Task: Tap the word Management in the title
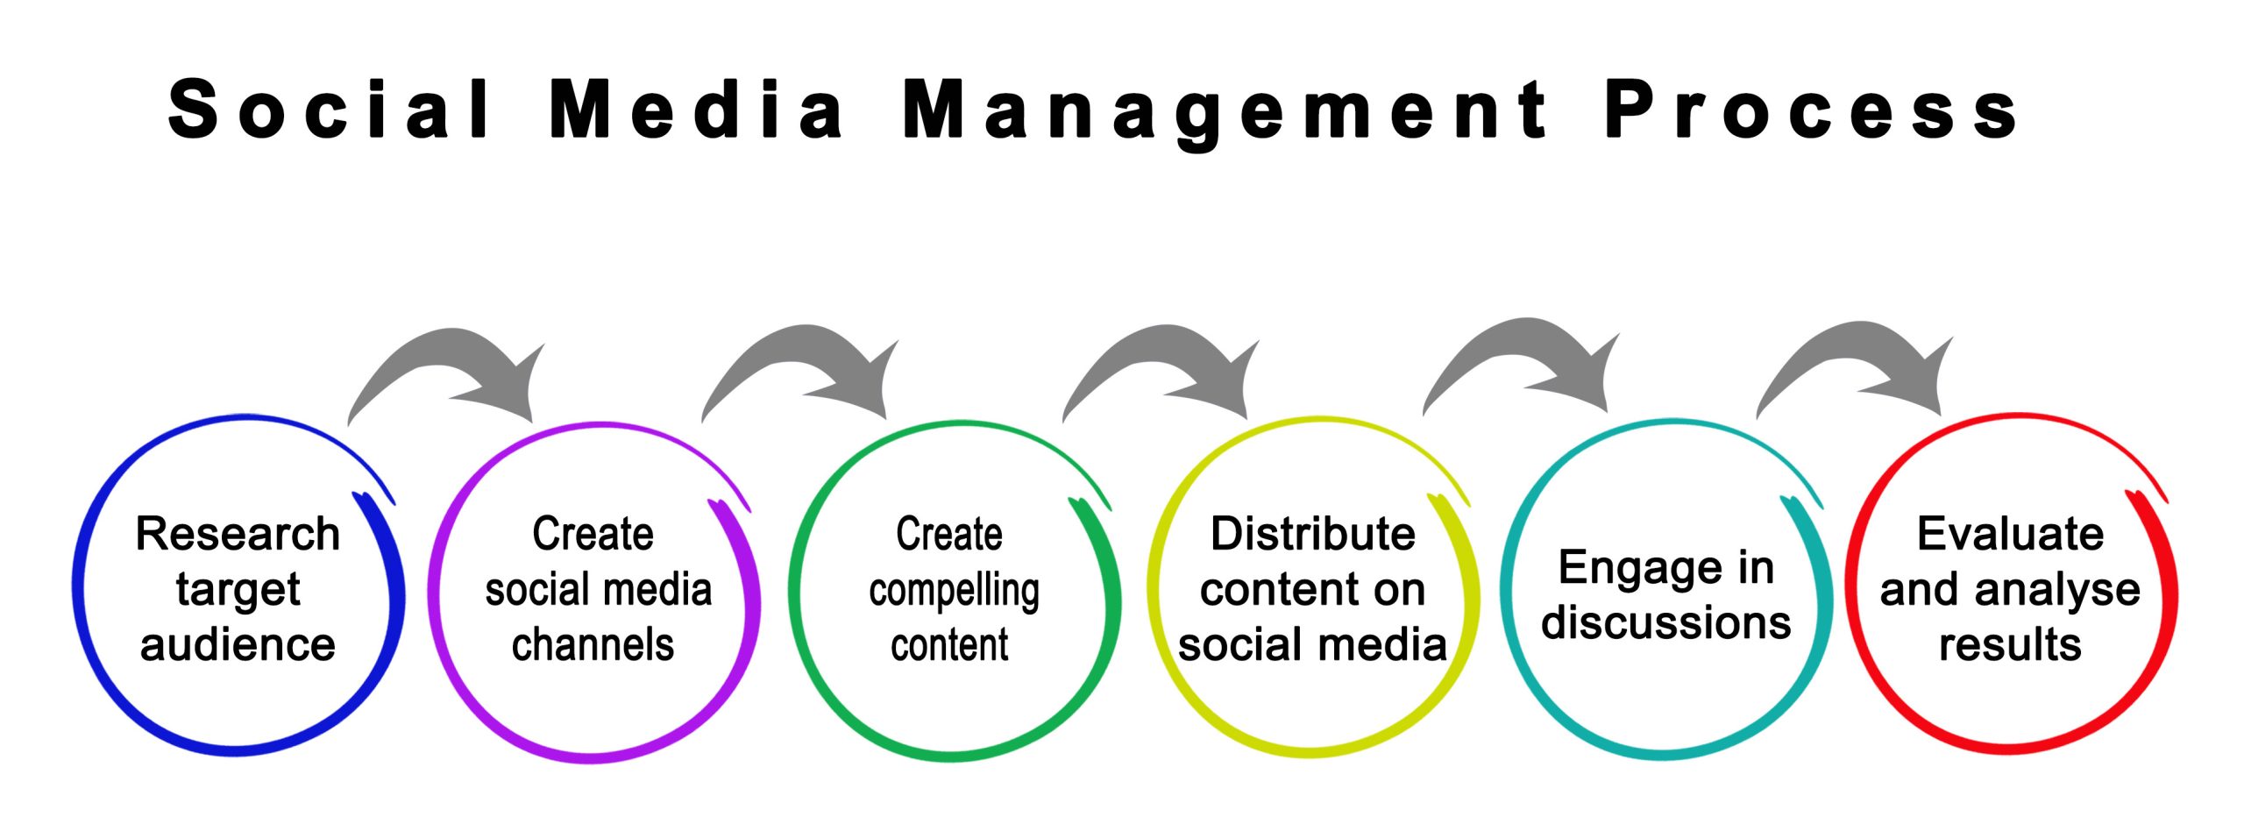point(1225,113)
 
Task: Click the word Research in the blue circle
point(238,534)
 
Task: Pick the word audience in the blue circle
point(238,645)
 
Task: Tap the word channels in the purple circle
point(593,645)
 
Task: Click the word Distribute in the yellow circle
point(1313,534)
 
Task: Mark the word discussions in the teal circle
point(1666,623)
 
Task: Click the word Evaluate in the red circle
point(2011,534)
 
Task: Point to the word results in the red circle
point(2011,645)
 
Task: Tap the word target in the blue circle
point(238,590)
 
